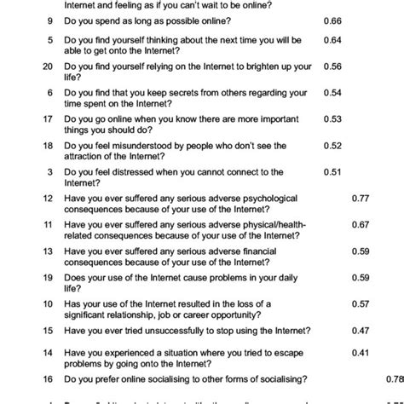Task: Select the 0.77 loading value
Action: click(x=361, y=198)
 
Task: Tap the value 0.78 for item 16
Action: click(x=394, y=379)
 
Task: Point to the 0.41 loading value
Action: click(x=361, y=352)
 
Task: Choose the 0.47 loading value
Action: click(x=361, y=330)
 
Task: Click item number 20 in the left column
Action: click(x=48, y=66)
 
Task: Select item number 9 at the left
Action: click(x=50, y=20)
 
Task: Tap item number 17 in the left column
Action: click(x=48, y=118)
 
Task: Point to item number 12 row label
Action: click(x=48, y=198)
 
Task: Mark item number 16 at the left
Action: click(x=48, y=379)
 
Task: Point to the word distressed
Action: click(x=133, y=171)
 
